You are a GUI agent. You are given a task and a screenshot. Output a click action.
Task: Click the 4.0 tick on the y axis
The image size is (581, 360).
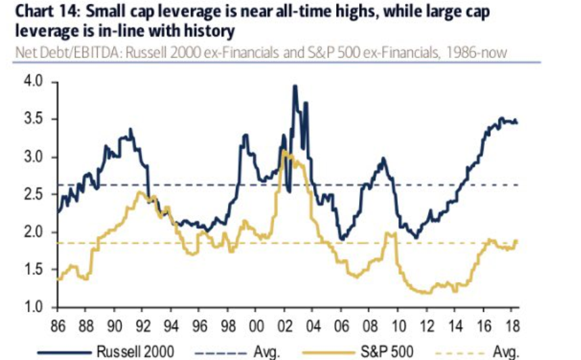(32, 82)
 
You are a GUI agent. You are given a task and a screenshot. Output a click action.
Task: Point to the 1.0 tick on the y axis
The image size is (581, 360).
(32, 308)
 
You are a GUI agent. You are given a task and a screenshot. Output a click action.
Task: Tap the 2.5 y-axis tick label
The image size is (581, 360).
(32, 195)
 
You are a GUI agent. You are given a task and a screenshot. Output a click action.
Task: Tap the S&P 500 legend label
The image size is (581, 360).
(392, 351)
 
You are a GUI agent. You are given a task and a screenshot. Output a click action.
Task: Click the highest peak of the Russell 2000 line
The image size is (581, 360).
(295, 86)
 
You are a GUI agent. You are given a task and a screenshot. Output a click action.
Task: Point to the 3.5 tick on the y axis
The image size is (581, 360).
(32, 120)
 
